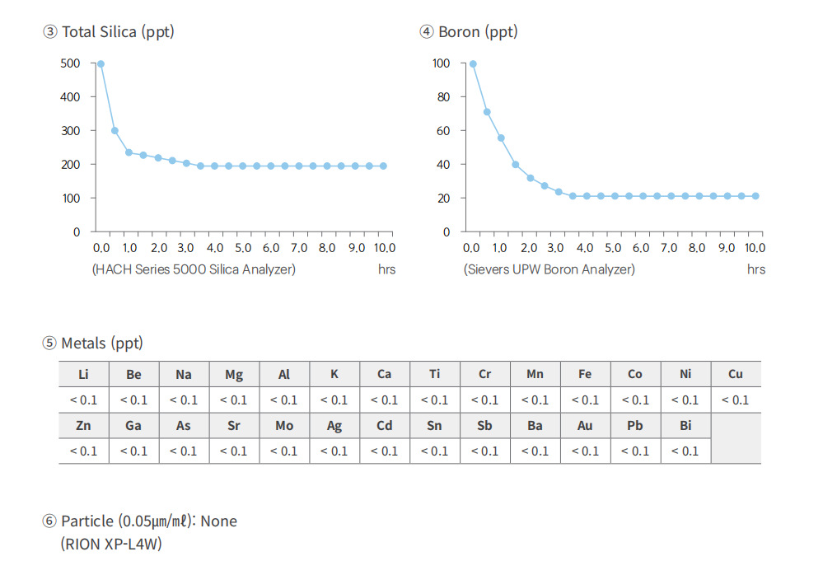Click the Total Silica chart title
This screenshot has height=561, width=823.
tap(109, 32)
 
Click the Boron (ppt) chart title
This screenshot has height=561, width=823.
tap(469, 32)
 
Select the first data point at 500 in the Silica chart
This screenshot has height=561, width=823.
tap(101, 63)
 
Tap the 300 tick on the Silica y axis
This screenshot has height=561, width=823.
tap(71, 131)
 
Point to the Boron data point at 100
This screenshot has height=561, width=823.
tap(473, 63)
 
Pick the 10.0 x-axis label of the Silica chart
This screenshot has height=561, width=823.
tap(384, 248)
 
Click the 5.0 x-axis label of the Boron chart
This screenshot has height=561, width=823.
tap(613, 248)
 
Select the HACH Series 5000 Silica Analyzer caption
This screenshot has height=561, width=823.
tap(194, 269)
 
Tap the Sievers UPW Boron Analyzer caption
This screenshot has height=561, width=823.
tap(549, 269)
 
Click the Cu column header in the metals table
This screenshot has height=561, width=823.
tap(736, 374)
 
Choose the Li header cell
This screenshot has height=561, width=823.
tap(83, 374)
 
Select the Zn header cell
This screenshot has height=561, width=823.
tap(83, 425)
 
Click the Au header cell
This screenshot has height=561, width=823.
tap(585, 425)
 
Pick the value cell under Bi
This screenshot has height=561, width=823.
tap(685, 451)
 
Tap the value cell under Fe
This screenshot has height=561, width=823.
tap(585, 400)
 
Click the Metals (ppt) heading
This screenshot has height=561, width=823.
tap(92, 344)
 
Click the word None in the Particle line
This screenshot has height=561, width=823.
tap(219, 521)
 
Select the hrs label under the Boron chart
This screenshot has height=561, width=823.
tap(755, 269)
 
